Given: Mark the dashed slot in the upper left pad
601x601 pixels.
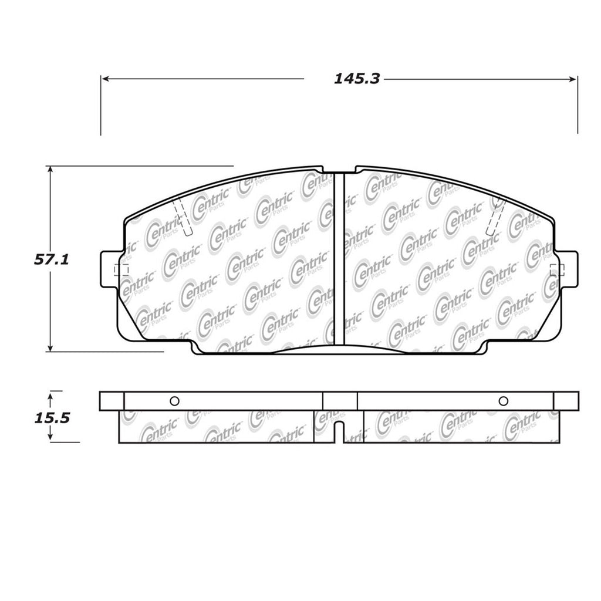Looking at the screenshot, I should (183, 218).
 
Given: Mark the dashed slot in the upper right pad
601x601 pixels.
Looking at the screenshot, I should (495, 218).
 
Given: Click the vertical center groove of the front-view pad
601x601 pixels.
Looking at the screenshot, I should (338, 258).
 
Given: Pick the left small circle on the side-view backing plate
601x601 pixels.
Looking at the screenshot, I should (174, 401).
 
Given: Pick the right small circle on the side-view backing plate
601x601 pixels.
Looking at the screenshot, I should (502, 401).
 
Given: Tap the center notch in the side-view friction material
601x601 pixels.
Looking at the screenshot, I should (339, 432).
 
